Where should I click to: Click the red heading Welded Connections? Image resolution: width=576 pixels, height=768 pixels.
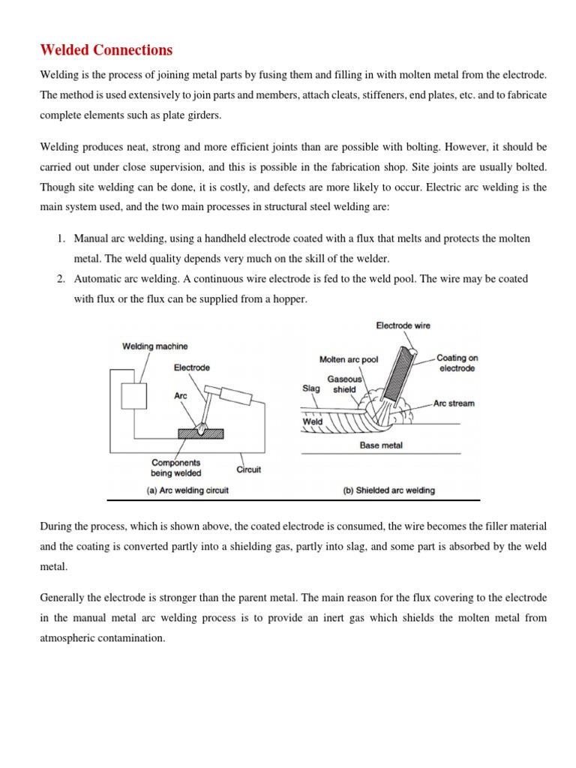coord(106,50)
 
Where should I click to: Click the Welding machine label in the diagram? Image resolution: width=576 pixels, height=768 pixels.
coord(155,346)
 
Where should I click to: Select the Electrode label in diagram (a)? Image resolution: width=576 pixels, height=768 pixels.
coord(192,367)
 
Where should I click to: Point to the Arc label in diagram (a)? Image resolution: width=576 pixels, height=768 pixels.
coord(181,394)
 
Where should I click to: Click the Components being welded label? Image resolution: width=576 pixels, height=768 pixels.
coord(176,468)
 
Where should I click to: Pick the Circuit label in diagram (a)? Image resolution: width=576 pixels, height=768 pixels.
coord(248,470)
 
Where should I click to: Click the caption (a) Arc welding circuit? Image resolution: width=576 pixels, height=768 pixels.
coord(186,490)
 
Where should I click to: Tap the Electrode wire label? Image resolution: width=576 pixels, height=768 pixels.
coord(403,325)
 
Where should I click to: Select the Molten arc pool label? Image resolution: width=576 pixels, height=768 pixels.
coord(349,359)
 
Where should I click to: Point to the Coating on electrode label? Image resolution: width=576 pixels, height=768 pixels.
coord(456,363)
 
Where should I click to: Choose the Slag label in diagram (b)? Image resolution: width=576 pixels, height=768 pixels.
coord(311,388)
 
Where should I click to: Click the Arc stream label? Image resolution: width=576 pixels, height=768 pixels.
coord(454,403)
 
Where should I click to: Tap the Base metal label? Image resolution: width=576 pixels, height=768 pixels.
coord(382,445)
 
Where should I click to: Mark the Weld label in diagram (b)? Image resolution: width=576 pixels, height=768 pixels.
coord(312,421)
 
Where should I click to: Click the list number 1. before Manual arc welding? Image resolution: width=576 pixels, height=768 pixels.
coord(61,238)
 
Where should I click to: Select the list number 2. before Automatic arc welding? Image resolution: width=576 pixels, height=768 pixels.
coord(61,278)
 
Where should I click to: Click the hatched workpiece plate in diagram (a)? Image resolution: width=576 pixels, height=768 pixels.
coord(202,433)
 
